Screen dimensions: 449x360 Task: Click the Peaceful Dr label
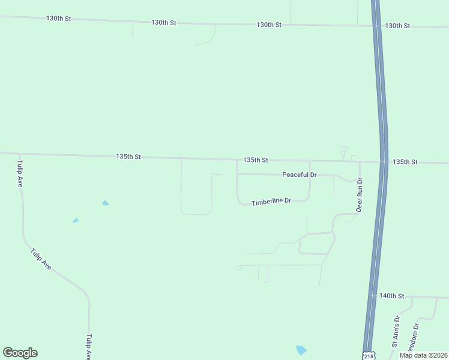(299, 175)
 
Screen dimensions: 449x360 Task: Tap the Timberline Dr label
(271, 202)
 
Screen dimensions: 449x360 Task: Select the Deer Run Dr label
(360, 195)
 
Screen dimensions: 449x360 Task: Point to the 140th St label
(393, 296)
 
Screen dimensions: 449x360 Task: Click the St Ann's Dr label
(396, 331)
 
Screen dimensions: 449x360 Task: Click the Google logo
(20, 353)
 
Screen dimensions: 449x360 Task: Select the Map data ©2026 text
(423, 355)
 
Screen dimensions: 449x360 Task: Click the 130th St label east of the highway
(397, 26)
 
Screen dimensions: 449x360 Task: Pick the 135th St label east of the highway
(405, 162)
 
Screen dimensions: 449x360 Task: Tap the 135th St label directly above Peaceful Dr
(256, 160)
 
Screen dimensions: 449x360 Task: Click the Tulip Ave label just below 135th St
(20, 174)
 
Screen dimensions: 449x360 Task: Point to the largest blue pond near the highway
(301, 349)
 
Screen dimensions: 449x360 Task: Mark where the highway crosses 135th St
(384, 161)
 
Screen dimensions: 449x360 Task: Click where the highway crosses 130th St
(376, 26)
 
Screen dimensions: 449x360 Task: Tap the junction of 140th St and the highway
(373, 296)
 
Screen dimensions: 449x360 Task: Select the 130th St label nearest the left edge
(59, 19)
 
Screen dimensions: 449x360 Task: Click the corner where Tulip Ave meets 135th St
(20, 154)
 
